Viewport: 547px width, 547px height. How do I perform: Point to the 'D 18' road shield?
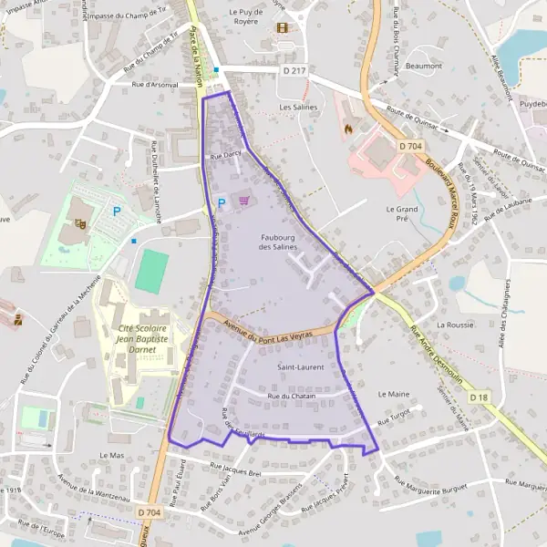coord(480,397)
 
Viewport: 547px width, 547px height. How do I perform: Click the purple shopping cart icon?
coord(243,200)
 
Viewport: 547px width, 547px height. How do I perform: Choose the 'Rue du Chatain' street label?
coord(291,397)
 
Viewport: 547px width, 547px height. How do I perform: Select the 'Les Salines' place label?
coord(297,107)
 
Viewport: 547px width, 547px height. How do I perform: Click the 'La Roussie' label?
coord(454,324)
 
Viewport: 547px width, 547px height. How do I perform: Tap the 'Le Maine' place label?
coord(393,394)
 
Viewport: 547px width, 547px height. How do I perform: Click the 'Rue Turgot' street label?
coord(393,413)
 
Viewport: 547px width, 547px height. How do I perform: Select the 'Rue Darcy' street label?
coord(225,155)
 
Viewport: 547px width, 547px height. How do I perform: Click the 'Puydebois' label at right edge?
coord(532,105)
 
